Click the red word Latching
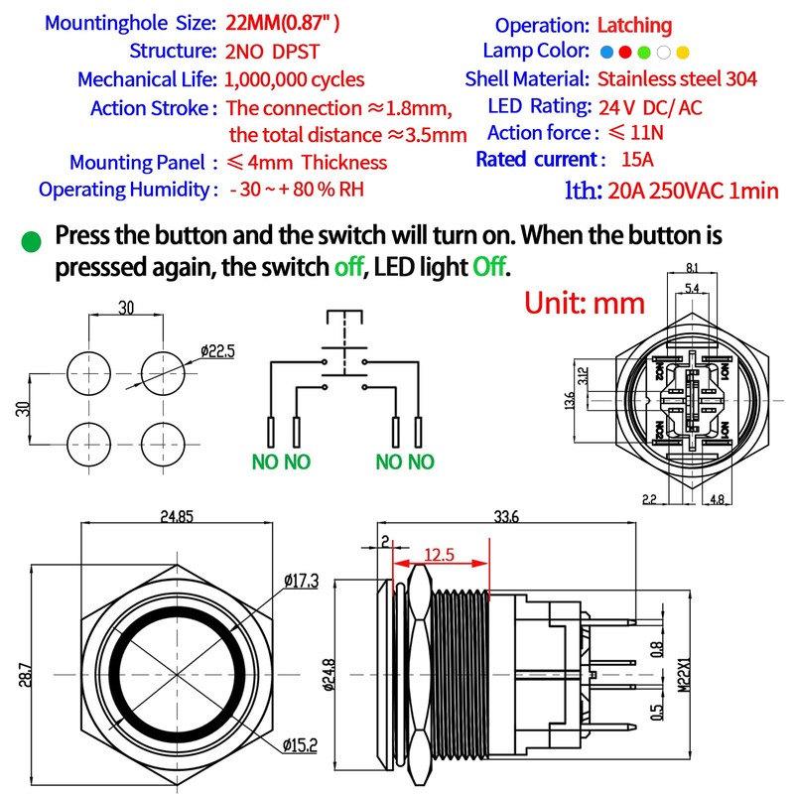(635, 26)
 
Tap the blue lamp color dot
(605, 52)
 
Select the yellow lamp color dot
(683, 52)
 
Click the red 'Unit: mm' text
(585, 302)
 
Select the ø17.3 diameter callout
(300, 580)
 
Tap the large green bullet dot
(32, 241)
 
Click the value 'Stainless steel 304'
(677, 79)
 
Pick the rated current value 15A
(631, 159)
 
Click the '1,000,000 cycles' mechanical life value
(295, 79)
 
